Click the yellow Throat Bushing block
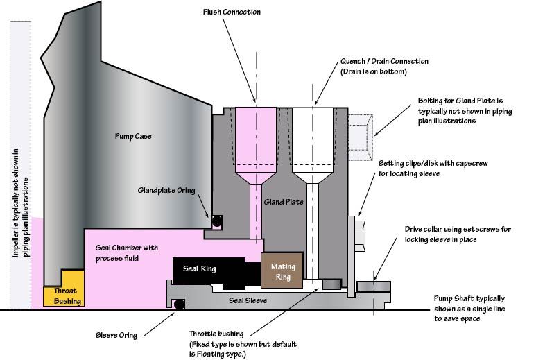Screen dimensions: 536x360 (64, 291)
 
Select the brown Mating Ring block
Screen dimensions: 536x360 (282, 271)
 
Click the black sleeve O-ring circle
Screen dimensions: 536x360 (179, 304)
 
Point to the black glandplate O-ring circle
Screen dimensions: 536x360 (217, 221)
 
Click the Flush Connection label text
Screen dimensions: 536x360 (232, 12)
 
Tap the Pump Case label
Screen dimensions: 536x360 (133, 136)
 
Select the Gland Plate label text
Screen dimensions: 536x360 (284, 202)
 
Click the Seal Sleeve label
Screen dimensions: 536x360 (248, 300)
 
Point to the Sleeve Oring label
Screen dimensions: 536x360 (116, 335)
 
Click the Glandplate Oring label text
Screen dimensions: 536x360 (166, 190)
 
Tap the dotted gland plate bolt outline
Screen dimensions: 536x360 (361, 137)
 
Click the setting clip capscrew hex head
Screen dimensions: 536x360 (360, 237)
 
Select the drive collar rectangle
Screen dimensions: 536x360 (374, 286)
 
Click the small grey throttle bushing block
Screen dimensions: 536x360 (332, 284)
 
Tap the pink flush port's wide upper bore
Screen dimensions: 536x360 (256, 136)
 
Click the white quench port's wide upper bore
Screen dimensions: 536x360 (313, 136)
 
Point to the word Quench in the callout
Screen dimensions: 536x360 (353, 62)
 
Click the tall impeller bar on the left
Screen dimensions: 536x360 (21, 165)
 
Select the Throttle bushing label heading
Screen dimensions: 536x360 (216, 334)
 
